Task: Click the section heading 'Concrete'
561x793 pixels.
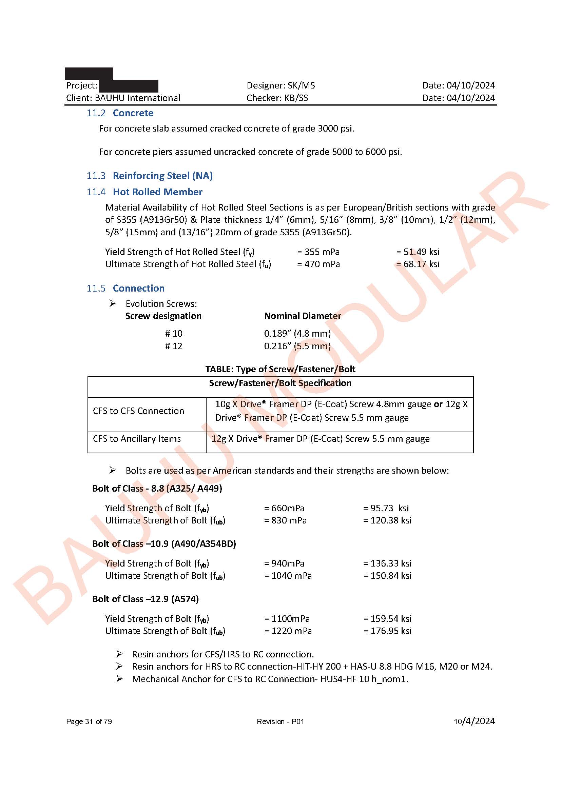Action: click(133, 113)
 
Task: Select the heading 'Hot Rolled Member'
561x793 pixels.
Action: click(157, 192)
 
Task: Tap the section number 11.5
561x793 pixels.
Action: click(96, 288)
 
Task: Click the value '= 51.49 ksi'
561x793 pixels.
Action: click(418, 252)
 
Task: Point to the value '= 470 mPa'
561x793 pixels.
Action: click(318, 264)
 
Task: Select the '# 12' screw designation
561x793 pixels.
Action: click(173, 346)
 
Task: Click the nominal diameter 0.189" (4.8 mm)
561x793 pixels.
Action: click(297, 334)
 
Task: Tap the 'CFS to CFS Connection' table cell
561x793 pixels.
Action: click(138, 411)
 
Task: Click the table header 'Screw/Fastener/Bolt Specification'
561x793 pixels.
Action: click(280, 383)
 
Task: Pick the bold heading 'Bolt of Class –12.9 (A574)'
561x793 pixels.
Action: click(146, 599)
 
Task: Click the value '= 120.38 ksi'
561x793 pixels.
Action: click(387, 520)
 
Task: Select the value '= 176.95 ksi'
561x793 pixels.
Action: click(387, 631)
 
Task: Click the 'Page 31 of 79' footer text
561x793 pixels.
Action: click(89, 721)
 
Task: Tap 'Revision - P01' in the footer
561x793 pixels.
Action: click(280, 721)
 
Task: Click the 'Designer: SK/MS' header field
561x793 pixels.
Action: click(280, 85)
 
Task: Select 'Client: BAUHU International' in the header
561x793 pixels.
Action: click(123, 98)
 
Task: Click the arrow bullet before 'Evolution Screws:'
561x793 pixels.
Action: click(113, 303)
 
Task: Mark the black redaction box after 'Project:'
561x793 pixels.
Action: click(129, 86)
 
